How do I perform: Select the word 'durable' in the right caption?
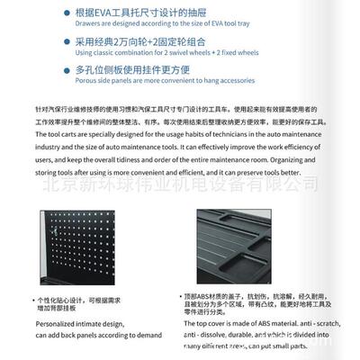(268, 333)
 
